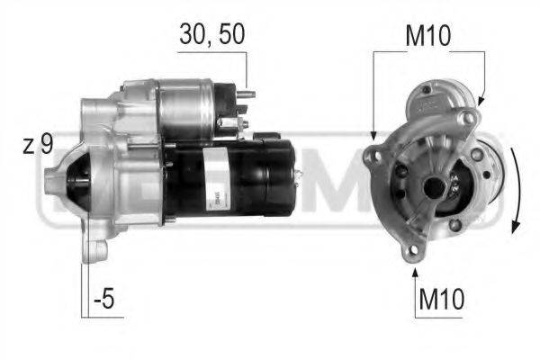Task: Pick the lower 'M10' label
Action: pos(441,297)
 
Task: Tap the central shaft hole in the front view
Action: pos(434,187)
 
